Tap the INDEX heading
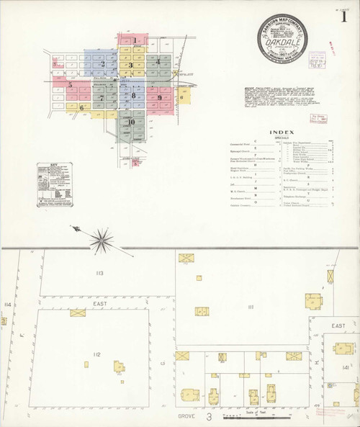279,132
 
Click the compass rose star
103,236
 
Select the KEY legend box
56,186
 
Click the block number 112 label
97,354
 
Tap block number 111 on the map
251,307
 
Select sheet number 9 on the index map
159,97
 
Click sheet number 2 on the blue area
103,64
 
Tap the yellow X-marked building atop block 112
76,314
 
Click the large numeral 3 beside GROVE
207,416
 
